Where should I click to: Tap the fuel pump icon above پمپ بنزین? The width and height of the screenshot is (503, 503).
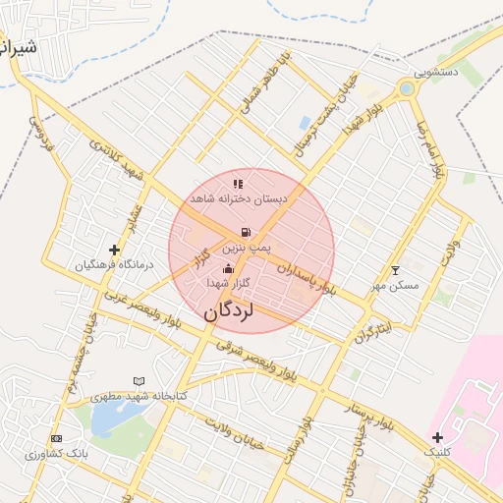click(243, 233)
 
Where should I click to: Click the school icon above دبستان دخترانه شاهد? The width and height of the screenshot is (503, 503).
click(237, 184)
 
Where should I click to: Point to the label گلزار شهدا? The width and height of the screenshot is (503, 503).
click(229, 283)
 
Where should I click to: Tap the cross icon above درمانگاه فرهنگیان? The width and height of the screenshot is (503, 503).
click(115, 251)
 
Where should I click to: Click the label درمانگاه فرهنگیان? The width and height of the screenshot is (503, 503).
click(114, 265)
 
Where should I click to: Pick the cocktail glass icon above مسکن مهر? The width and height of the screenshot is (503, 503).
click(396, 270)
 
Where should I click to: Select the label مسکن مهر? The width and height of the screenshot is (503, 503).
click(396, 285)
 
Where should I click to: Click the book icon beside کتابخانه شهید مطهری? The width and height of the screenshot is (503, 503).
click(139, 381)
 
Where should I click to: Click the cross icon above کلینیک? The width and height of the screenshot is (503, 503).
click(437, 437)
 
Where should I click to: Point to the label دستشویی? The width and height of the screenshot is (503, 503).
click(436, 72)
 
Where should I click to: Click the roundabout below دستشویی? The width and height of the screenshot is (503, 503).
click(407, 90)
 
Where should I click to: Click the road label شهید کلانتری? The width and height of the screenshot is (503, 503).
click(117, 157)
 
